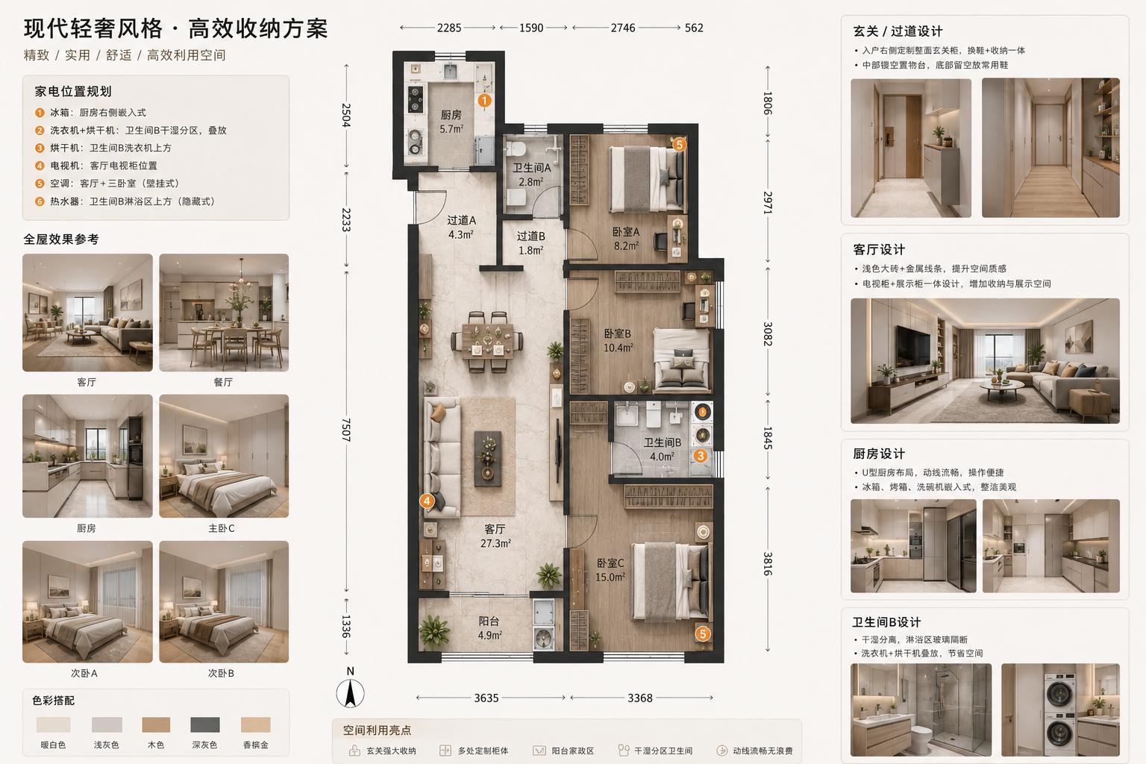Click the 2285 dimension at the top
[448, 28]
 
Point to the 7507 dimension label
[346, 429]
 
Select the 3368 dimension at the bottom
[640, 698]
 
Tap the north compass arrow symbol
[350, 693]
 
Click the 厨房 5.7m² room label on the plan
[451, 122]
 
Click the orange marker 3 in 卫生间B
[700, 455]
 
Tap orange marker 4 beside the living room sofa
[427, 501]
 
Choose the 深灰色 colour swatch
[204, 724]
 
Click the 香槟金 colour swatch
[255, 724]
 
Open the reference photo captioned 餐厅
[224, 313]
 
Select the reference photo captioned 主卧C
[224, 456]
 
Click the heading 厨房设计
[878, 454]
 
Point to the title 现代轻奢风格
[93, 28]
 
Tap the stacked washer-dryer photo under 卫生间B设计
[1060, 710]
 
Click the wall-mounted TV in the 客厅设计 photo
[912, 345]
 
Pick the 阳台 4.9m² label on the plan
[489, 628]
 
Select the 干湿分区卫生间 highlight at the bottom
[655, 751]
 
